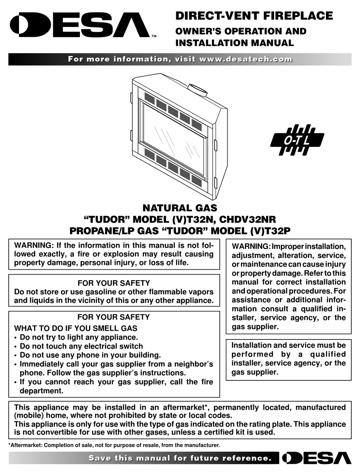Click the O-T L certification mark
(297, 140)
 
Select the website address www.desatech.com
(246, 59)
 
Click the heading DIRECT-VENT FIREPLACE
(254, 16)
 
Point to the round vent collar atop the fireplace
(197, 90)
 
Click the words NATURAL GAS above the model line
(180, 208)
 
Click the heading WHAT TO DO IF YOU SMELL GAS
(76, 328)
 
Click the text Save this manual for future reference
(180, 458)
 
